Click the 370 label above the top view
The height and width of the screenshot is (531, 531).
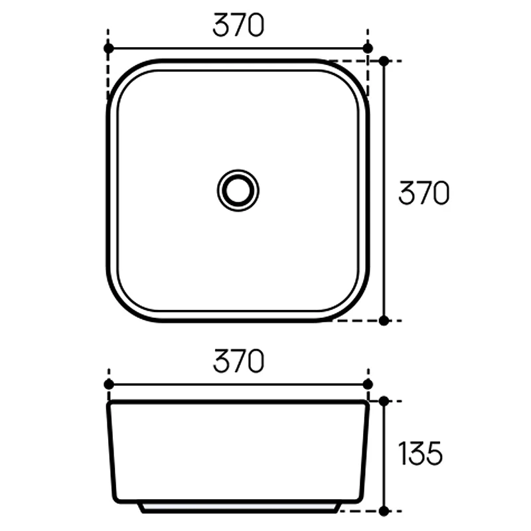tap(238, 25)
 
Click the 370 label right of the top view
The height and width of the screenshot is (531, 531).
tap(423, 193)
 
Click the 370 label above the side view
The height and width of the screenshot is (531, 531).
tap(238, 361)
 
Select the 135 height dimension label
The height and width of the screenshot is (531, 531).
tap(421, 453)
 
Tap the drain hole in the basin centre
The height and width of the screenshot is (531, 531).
tap(238, 190)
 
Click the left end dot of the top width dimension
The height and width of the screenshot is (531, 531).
tap(109, 48)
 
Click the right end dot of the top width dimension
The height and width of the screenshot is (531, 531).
tap(368, 48)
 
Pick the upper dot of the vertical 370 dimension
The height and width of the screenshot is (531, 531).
tap(384, 61)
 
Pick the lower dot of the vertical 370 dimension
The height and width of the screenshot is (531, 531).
tap(384, 321)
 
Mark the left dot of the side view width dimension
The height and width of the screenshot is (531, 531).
tap(109, 384)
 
